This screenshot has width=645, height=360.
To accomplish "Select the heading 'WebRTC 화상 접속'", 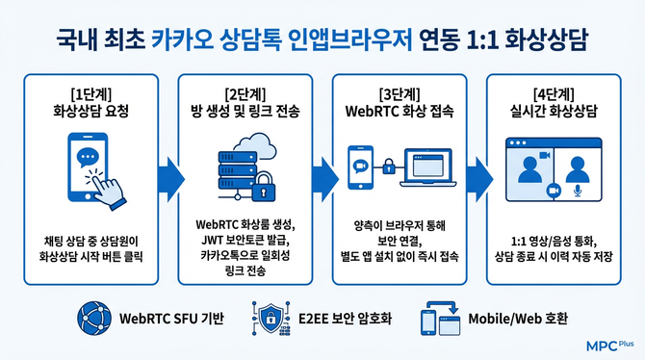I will click(x=399, y=111).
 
